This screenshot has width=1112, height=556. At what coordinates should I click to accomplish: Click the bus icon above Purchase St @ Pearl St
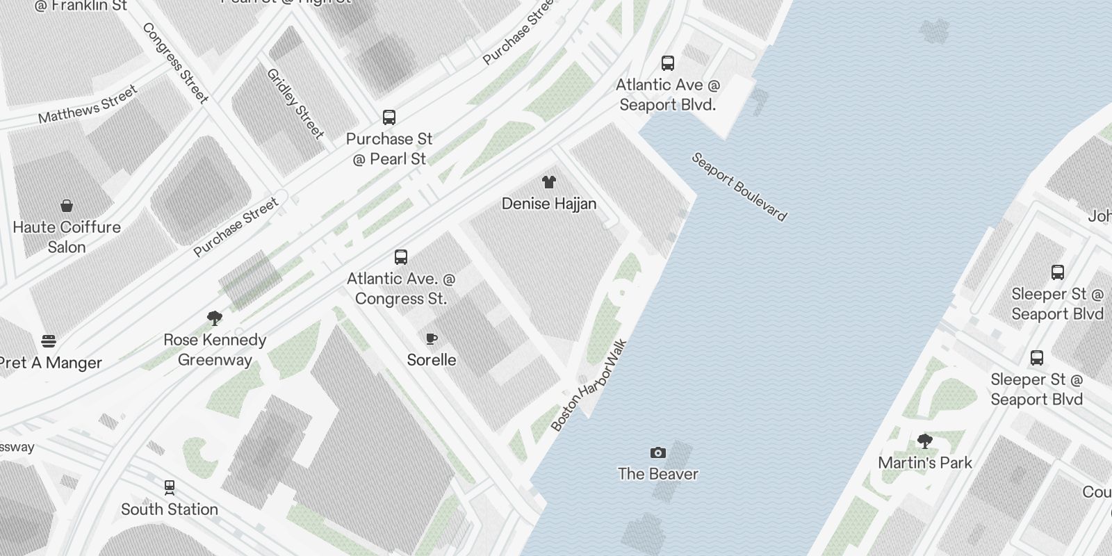pyautogui.click(x=389, y=117)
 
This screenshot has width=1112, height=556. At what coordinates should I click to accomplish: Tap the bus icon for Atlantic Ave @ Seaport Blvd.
pyautogui.click(x=668, y=63)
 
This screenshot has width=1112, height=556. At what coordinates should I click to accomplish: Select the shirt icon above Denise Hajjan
pyautogui.click(x=549, y=182)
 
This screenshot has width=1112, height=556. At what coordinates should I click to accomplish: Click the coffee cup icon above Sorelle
pyautogui.click(x=432, y=338)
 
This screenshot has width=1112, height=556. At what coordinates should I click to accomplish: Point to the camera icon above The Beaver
pyautogui.click(x=657, y=453)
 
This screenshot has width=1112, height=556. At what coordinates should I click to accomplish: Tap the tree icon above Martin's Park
pyautogui.click(x=924, y=441)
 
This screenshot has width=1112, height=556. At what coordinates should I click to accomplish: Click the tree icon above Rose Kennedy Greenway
pyautogui.click(x=215, y=318)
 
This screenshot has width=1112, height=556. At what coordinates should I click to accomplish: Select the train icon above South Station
pyautogui.click(x=170, y=487)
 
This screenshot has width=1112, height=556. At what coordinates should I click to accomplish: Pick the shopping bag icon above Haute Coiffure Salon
pyautogui.click(x=67, y=206)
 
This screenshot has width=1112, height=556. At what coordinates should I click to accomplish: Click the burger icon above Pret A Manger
pyautogui.click(x=49, y=341)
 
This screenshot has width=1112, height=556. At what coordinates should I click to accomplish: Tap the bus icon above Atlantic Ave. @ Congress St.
pyautogui.click(x=401, y=257)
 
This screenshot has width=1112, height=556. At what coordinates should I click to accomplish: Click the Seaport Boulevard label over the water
pyautogui.click(x=739, y=187)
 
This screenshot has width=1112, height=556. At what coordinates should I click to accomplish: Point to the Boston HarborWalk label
pyautogui.click(x=589, y=385)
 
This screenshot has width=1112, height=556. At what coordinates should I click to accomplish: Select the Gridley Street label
pyautogui.click(x=295, y=104)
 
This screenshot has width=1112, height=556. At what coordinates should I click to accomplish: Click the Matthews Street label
pyautogui.click(x=88, y=104)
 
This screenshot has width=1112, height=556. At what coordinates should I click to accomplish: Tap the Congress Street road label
pyautogui.click(x=175, y=63)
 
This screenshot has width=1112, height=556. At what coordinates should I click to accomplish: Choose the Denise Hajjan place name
pyautogui.click(x=549, y=204)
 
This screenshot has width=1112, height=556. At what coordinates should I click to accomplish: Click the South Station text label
pyautogui.click(x=170, y=509)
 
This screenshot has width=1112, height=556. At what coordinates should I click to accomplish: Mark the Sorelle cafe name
pyautogui.click(x=432, y=360)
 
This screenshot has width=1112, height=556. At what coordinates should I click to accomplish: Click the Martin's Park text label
pyautogui.click(x=925, y=463)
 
